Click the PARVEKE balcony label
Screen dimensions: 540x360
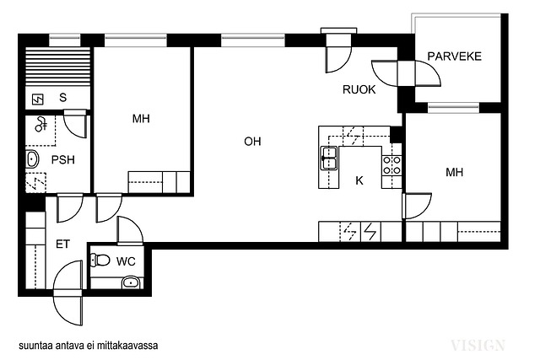pos(454,56)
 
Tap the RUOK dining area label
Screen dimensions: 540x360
pos(359,89)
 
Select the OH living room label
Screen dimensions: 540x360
pos(252,142)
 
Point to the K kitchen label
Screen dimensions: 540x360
pos(359,180)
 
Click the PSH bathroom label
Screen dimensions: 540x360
pos(63,159)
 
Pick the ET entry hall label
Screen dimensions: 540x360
pos(62,244)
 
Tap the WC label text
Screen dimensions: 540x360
pos(126,261)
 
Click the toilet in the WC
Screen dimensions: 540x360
pos(100,260)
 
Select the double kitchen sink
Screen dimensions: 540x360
pos(329,158)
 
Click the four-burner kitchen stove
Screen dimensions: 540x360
pos(391,165)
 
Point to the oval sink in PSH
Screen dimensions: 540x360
pos(33,159)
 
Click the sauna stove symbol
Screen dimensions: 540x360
pos(37,99)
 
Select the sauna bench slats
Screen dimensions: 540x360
pos(58,67)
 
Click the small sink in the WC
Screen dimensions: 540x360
pos(131,282)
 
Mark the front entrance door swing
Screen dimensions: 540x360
pos(67,293)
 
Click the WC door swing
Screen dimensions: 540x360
pos(130,231)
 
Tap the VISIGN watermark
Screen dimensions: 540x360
pos(478,345)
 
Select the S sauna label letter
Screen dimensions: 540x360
pos(62,98)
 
